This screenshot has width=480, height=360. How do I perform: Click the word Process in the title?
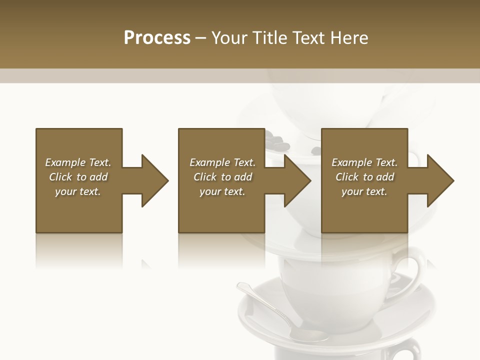pyautogui.click(x=157, y=38)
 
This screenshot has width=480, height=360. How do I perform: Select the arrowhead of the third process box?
pyautogui.click(x=439, y=180)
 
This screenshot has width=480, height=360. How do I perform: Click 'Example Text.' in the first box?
pyautogui.click(x=78, y=162)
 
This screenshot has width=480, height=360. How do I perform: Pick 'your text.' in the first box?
pyautogui.click(x=78, y=191)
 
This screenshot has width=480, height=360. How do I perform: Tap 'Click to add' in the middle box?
pyautogui.click(x=222, y=177)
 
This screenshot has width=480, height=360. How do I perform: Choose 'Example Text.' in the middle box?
pyautogui.click(x=222, y=162)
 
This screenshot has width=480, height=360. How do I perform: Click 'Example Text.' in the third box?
pyautogui.click(x=364, y=162)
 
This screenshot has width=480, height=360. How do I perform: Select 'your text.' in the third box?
pyautogui.click(x=364, y=191)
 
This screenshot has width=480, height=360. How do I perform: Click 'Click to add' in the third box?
pyautogui.click(x=364, y=177)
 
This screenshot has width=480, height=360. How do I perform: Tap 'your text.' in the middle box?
pyautogui.click(x=222, y=191)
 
